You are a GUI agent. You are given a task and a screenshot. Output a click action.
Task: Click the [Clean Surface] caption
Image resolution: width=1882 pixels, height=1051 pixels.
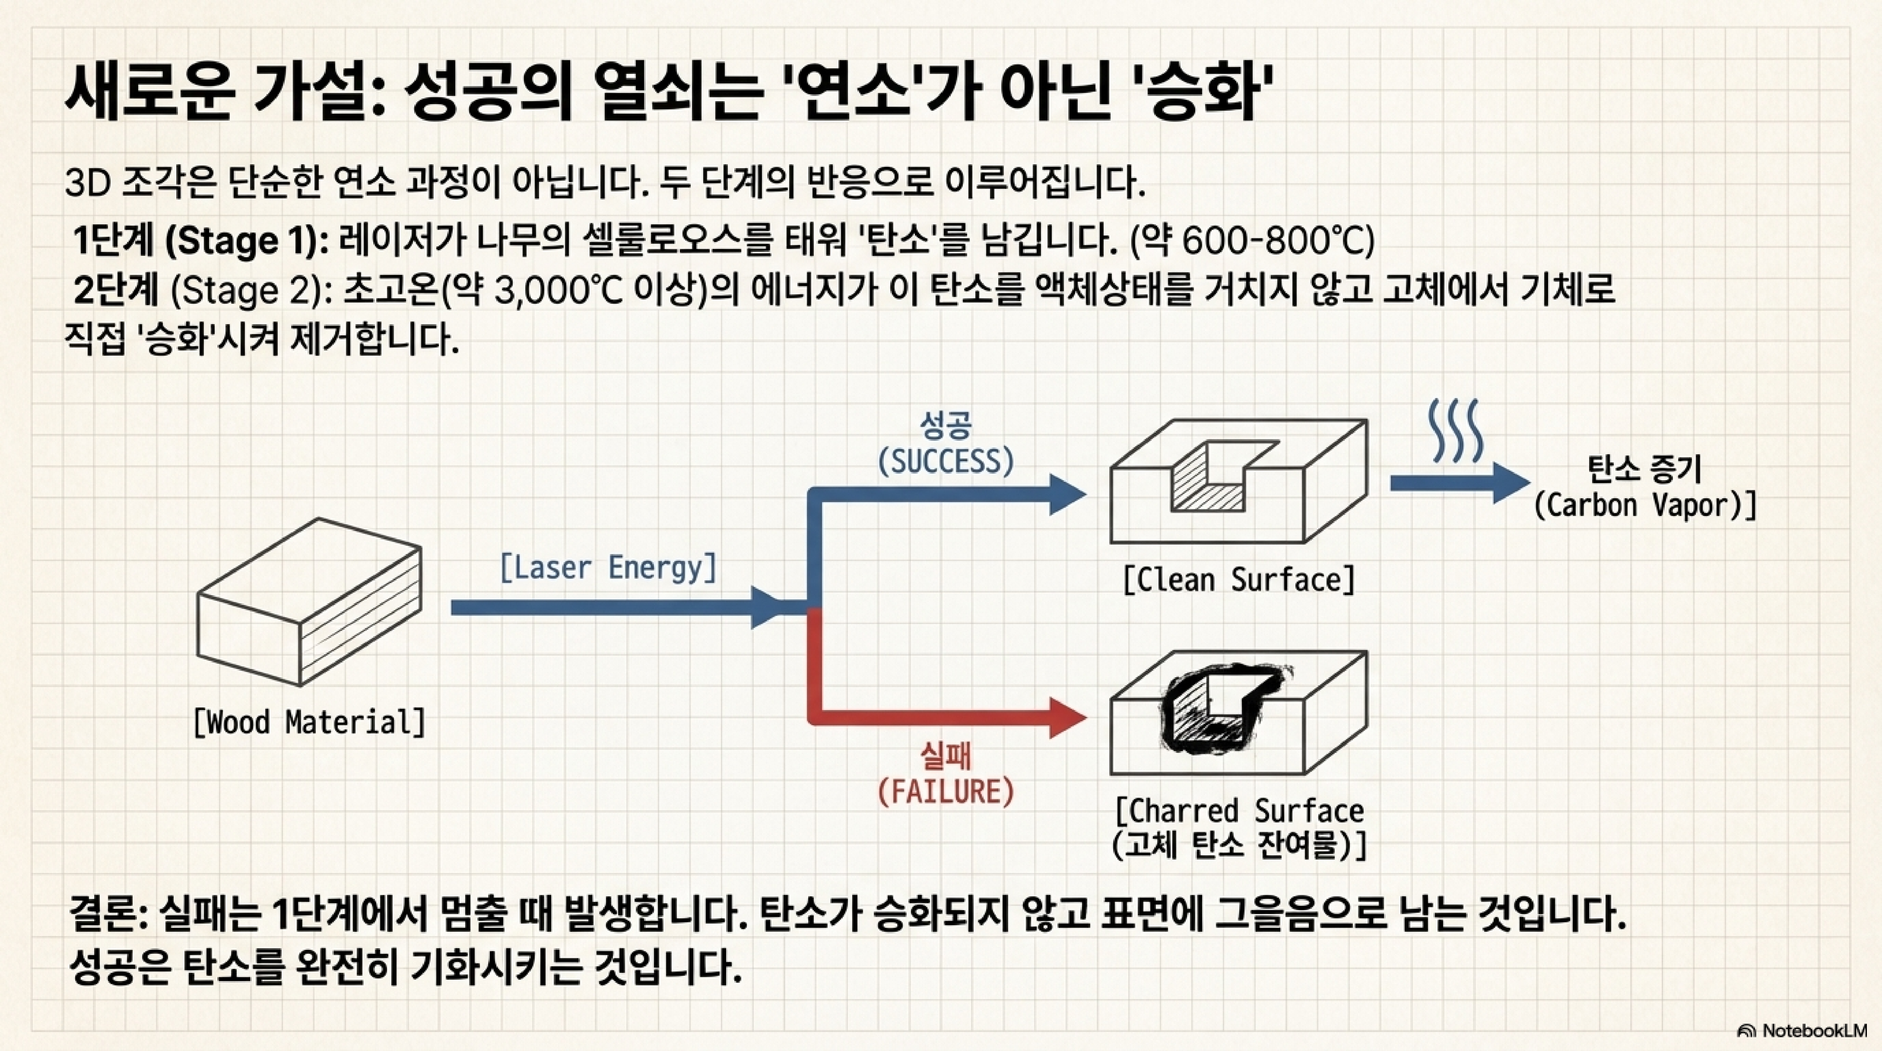(1238, 580)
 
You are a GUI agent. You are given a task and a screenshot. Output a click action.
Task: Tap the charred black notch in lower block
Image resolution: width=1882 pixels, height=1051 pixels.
(1217, 709)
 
